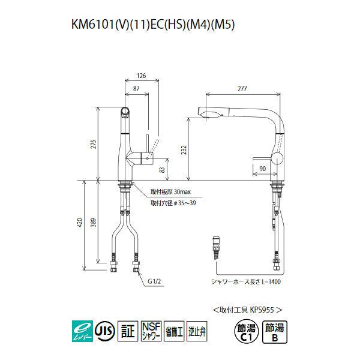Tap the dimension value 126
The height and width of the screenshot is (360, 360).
141,76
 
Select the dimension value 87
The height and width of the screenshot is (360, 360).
137,88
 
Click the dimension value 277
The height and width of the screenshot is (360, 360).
243,89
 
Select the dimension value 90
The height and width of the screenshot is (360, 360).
262,169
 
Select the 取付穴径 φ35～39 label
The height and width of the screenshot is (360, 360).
172,203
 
